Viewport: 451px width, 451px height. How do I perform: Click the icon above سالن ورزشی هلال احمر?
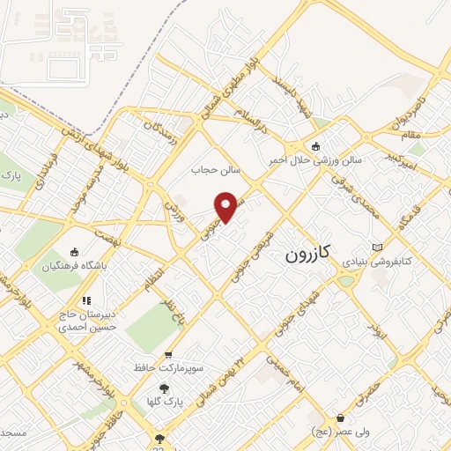[316, 146]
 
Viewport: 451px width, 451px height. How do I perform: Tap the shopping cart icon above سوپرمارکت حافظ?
[169, 354]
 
